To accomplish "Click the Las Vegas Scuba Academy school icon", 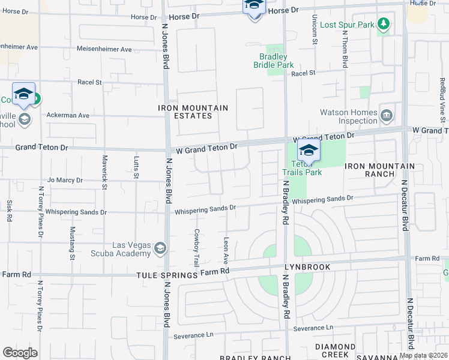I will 160,248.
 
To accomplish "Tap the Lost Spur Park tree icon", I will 384,25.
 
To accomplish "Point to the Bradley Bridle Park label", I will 272,61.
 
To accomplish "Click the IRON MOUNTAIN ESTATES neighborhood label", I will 193,112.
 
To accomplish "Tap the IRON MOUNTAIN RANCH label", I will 380,170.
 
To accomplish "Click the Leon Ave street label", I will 226,250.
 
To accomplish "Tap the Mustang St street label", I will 72,239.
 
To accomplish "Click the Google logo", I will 20,352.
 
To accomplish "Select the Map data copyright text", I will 423,355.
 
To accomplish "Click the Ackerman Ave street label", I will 68,115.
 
